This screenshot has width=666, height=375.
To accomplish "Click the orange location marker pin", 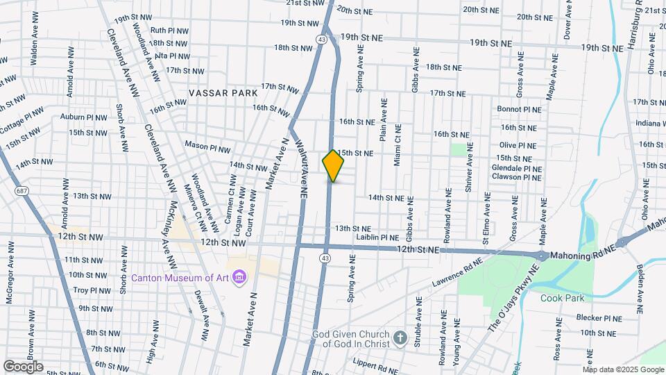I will click(334, 166).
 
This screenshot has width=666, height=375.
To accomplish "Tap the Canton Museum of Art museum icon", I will click(240, 278).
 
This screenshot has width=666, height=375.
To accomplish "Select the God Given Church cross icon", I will click(400, 339).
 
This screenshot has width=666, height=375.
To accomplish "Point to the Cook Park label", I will click(563, 298).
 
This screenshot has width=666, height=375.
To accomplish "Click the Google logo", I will click(23, 366).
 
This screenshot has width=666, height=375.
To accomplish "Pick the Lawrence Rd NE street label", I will click(456, 273).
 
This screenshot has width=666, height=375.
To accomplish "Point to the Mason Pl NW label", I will click(207, 147).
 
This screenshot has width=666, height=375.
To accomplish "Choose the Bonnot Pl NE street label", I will click(518, 109).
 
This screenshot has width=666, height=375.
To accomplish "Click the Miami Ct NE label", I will click(398, 145).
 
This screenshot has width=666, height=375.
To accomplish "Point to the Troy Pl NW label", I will click(92, 290).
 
